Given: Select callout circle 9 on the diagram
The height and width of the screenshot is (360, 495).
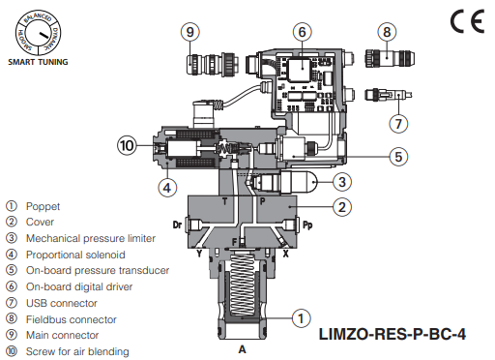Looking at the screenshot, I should pos(189,32).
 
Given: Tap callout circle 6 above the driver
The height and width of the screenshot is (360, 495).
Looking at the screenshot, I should pos(302,32).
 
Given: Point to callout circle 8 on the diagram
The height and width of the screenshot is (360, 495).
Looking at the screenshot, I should pos(387,32).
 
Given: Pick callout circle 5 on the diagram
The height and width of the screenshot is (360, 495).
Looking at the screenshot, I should pos(397,155).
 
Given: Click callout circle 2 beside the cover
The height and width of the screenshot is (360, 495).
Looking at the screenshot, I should pos(340,206).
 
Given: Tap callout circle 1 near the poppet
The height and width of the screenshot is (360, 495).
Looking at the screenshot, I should pos(303,316).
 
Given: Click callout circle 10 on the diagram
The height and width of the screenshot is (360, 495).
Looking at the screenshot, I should pos(126,145).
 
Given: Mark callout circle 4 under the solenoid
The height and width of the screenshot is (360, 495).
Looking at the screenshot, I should pos(166,188).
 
